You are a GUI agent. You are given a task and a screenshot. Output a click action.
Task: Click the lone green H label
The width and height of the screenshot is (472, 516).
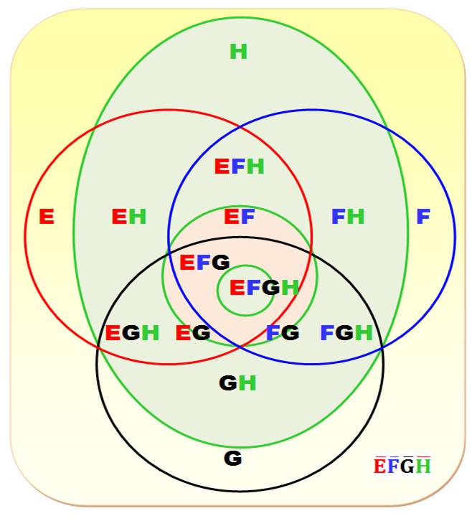[x=238, y=52]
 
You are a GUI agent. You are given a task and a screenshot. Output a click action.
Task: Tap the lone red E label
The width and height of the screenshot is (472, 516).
[x=47, y=216]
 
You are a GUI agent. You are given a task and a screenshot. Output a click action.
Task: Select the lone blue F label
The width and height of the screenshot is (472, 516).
[x=423, y=216]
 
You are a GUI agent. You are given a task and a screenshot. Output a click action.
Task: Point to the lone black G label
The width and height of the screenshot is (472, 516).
[x=232, y=458]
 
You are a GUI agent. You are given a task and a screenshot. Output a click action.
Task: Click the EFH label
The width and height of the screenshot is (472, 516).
[x=240, y=166]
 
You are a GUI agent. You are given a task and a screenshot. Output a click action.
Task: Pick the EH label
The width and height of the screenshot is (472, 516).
[x=129, y=216]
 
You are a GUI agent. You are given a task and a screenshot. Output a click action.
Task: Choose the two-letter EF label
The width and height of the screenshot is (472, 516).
[x=240, y=216]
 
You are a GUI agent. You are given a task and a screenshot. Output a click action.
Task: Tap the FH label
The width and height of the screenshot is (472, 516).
[x=348, y=216]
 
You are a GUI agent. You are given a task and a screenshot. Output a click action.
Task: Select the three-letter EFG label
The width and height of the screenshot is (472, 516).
[x=204, y=263]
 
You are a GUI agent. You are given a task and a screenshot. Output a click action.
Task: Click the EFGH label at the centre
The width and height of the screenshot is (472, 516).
[x=263, y=288]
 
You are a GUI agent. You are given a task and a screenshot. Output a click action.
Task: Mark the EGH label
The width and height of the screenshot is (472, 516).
[x=132, y=333]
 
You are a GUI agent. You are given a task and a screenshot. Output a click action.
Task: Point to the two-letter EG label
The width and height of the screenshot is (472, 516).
[x=193, y=333]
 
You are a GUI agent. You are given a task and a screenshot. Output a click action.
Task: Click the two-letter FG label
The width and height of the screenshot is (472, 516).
[x=282, y=333]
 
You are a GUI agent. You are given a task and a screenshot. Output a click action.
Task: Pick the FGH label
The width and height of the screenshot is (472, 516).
[x=346, y=333]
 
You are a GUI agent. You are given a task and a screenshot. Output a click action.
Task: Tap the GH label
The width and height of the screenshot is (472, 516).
[x=237, y=383]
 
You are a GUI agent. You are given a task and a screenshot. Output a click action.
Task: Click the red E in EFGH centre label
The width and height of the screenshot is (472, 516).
[x=237, y=288]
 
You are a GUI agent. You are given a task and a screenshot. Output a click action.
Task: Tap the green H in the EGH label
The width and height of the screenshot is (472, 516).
[x=150, y=333]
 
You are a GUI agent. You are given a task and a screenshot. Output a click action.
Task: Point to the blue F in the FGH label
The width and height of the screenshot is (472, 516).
[x=326, y=333]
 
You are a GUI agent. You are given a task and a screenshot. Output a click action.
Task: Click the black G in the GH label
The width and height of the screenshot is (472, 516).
[x=228, y=383]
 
